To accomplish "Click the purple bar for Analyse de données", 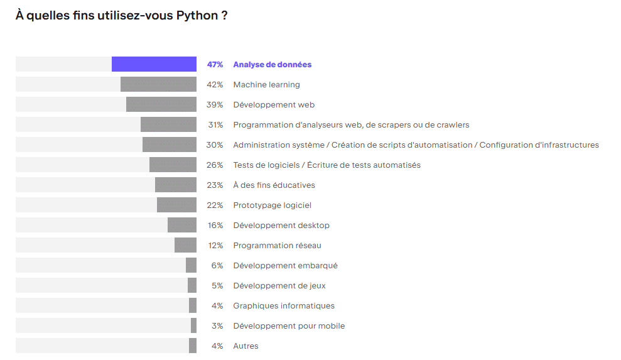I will [154, 64].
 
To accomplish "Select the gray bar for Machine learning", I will [158, 84].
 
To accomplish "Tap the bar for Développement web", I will [161, 104].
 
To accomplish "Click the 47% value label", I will [215, 65].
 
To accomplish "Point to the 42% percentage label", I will [215, 85].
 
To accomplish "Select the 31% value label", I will [215, 125].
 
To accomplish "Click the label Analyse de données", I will [272, 65].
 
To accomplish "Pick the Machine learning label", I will [266, 85].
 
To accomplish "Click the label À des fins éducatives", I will [274, 185].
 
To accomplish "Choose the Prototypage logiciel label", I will [272, 205].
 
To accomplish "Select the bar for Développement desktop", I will [182, 225].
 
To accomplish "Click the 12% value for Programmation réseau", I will [215, 246].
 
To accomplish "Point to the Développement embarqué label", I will [285, 266].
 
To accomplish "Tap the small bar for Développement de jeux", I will [192, 285].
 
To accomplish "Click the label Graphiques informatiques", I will [284, 306].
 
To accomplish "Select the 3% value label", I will [217, 326].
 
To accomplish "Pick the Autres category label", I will [246, 346].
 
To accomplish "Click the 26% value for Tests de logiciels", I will [215, 165].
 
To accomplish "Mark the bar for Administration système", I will [170, 145].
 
